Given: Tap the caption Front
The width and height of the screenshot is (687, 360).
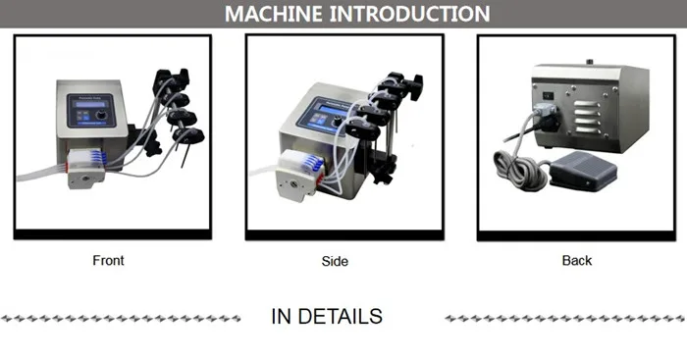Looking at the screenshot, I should (x=108, y=261).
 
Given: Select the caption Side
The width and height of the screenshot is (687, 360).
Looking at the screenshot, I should (x=335, y=262).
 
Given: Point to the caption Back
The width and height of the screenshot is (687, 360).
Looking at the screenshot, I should (x=577, y=261).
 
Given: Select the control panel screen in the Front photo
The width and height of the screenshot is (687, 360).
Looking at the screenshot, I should (x=82, y=106).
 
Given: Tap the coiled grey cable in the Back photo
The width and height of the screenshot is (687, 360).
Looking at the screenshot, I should (x=515, y=168).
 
